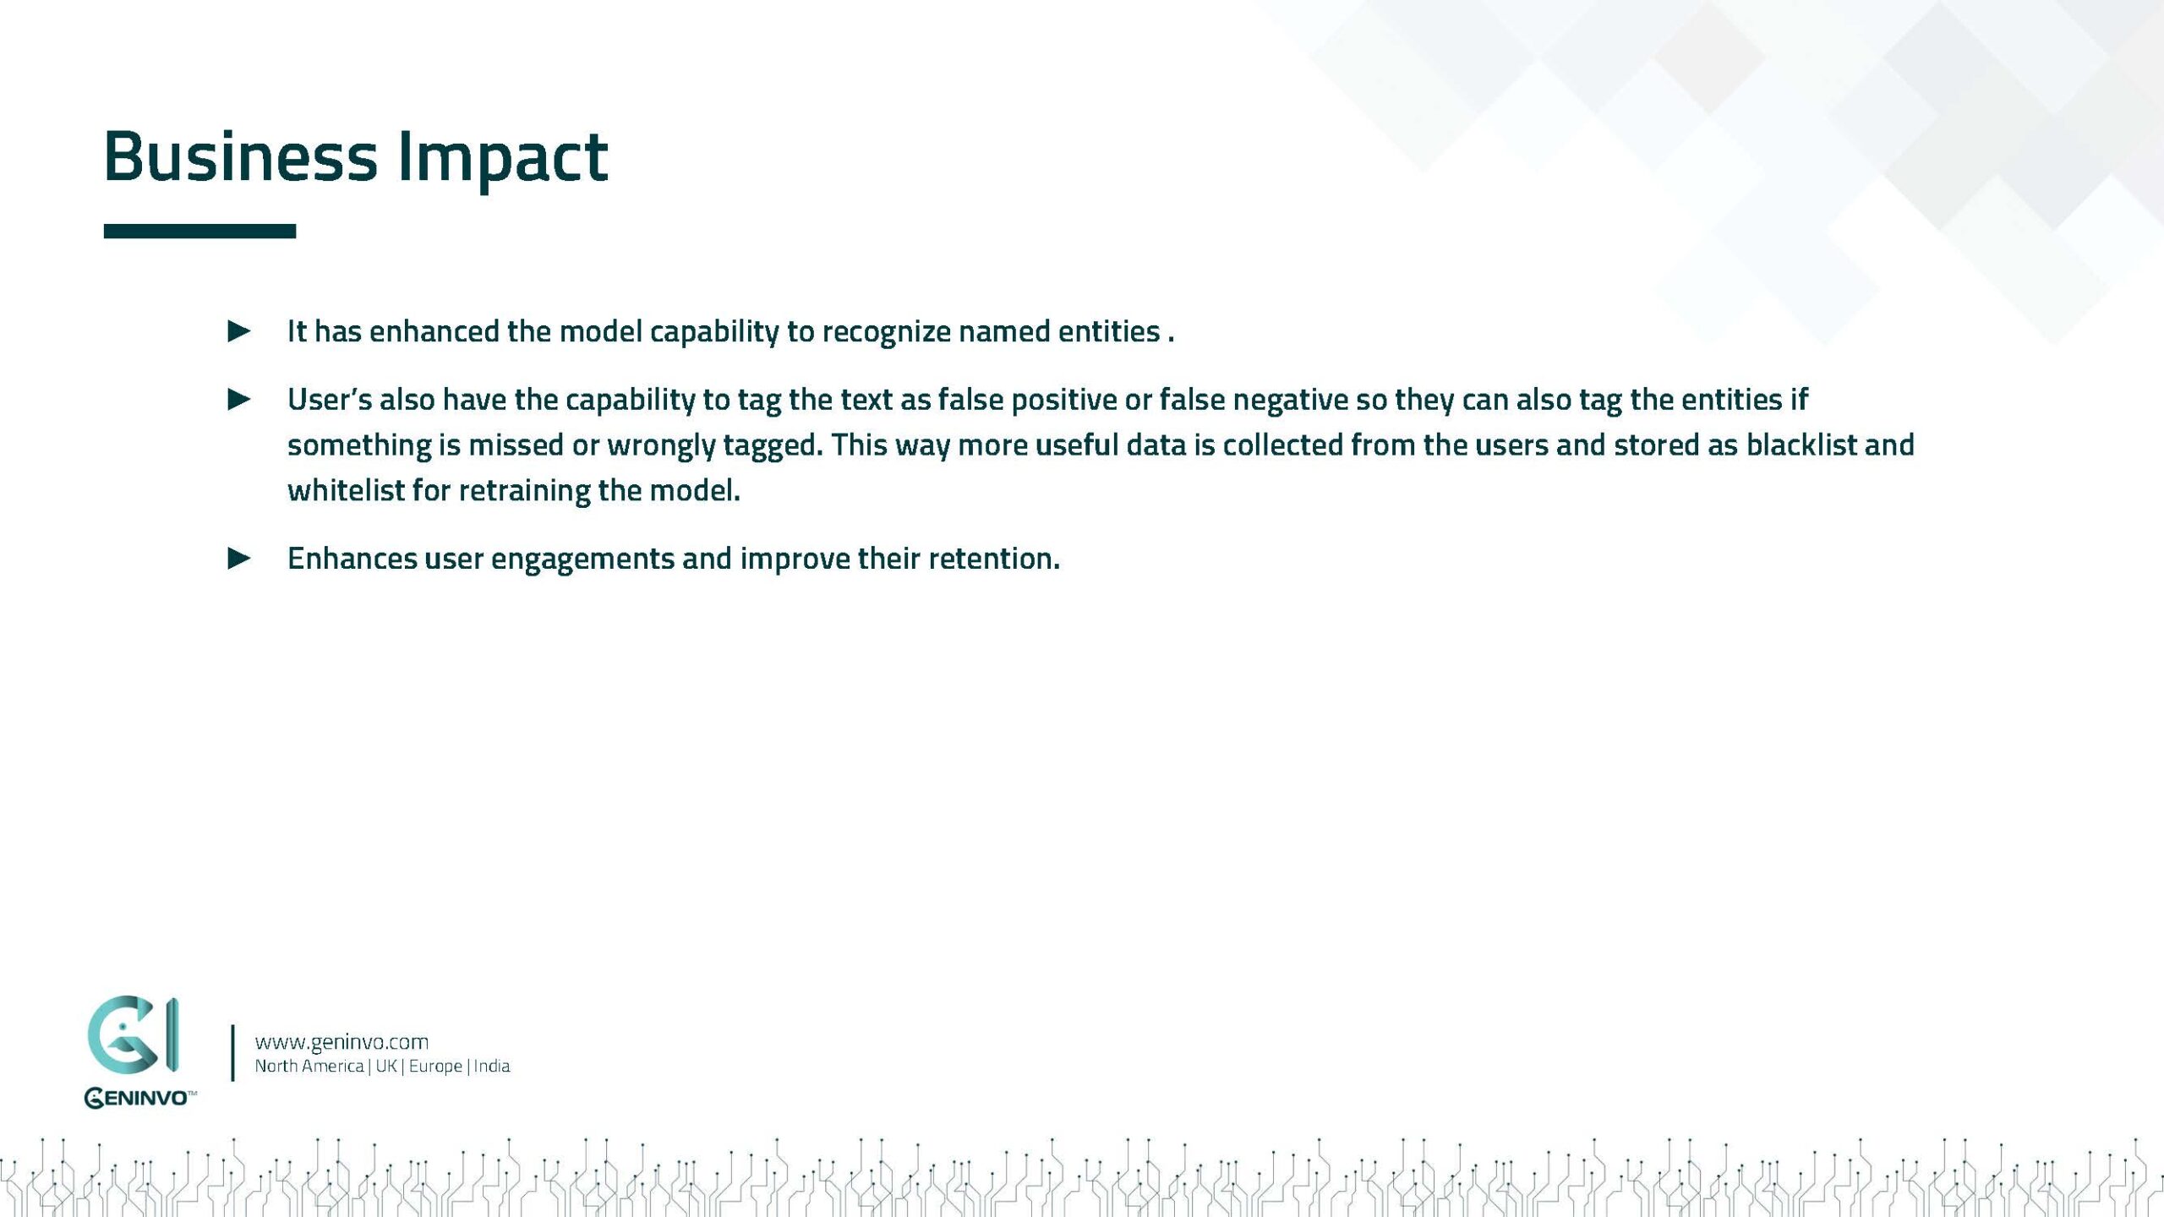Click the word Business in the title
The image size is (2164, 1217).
pyautogui.click(x=241, y=156)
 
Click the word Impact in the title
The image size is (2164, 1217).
pyautogui.click(x=502, y=161)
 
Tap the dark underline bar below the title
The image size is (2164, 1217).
pyautogui.click(x=199, y=231)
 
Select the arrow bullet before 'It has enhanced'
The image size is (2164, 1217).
pyautogui.click(x=239, y=331)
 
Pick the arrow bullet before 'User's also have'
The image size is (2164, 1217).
pyautogui.click(x=239, y=399)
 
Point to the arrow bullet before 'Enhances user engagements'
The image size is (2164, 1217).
pyautogui.click(x=239, y=558)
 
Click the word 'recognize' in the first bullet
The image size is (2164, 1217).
pyautogui.click(x=887, y=332)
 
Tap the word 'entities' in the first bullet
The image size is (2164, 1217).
pyautogui.click(x=1109, y=331)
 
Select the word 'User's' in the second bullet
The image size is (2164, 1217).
pyautogui.click(x=330, y=399)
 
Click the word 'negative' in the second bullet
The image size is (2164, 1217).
pyautogui.click(x=1291, y=401)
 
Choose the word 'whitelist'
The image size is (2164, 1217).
pyautogui.click(x=346, y=490)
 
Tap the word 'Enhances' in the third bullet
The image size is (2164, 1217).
pyautogui.click(x=352, y=558)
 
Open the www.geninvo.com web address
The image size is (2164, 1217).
pyautogui.click(x=342, y=1042)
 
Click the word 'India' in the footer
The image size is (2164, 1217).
pyautogui.click(x=492, y=1067)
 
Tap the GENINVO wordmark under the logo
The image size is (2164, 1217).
pyautogui.click(x=139, y=1098)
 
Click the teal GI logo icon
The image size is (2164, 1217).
pyautogui.click(x=133, y=1035)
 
